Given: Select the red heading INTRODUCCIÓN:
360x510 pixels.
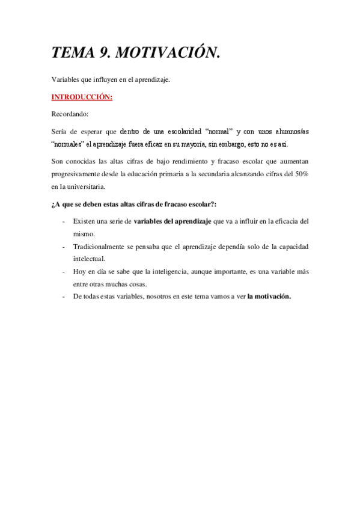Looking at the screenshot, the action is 82,97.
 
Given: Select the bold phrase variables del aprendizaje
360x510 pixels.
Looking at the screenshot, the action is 172,221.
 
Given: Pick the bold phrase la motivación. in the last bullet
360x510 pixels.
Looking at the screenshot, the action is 269,296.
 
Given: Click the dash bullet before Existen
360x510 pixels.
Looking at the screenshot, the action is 64,221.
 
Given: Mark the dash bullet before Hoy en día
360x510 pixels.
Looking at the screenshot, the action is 64,271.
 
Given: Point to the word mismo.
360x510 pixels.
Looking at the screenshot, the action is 84,233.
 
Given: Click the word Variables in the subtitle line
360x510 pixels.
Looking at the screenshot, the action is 65,79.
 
